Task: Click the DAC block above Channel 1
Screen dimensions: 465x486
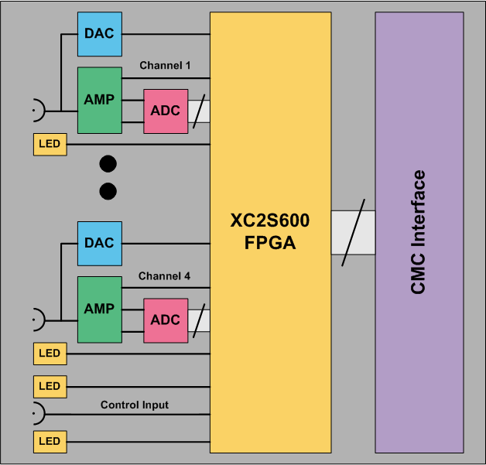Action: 99,33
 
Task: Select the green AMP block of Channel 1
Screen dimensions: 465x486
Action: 99,100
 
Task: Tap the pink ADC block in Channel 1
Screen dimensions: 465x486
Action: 166,111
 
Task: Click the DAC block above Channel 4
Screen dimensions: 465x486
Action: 99,243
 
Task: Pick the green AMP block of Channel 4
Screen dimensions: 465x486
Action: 99,309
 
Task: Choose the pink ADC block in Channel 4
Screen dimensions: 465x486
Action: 166,320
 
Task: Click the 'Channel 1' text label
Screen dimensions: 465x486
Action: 165,66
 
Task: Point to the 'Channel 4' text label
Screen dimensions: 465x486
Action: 165,275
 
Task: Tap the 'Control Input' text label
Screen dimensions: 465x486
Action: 135,405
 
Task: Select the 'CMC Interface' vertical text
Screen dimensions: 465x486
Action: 419,232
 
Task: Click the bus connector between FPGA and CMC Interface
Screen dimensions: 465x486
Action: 353,233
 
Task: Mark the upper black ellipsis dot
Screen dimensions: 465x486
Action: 108,163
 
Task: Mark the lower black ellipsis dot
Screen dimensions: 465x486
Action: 108,190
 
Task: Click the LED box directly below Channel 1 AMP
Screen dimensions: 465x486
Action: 50,144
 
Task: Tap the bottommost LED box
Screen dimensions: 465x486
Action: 50,442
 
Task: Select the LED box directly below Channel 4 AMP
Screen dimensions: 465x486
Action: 50,354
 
